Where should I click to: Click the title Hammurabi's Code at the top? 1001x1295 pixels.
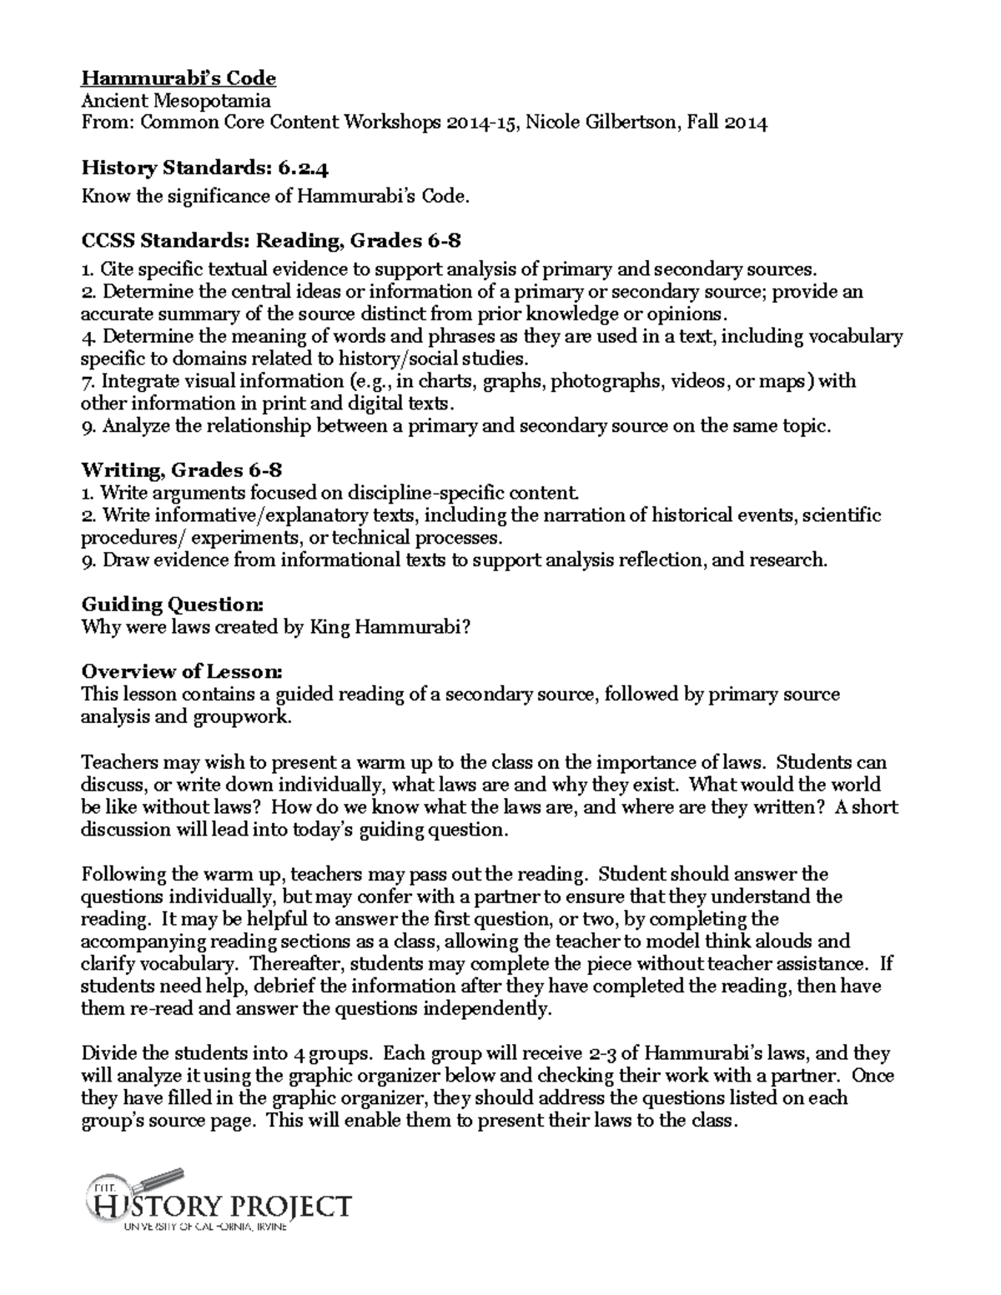[x=178, y=78]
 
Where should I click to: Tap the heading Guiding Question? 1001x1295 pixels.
[x=173, y=604]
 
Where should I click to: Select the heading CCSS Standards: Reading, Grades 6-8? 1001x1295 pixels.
[x=270, y=241]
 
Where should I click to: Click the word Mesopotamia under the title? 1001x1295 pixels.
[x=213, y=101]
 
